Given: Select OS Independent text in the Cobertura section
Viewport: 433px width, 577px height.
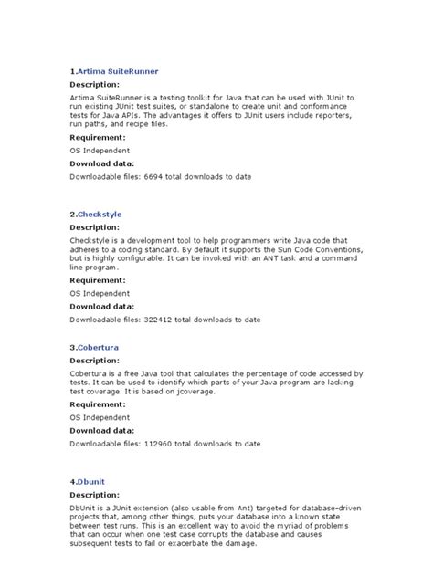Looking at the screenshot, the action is [100, 415].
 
